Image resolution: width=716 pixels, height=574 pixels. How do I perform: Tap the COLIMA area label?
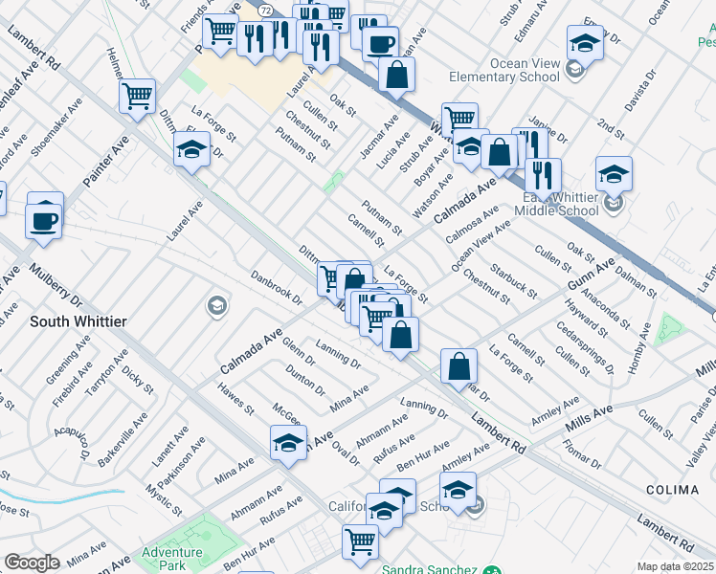coord(672,490)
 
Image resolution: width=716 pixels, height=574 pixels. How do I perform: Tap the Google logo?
coord(32,563)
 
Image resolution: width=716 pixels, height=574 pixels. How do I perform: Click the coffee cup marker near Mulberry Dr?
coord(44,221)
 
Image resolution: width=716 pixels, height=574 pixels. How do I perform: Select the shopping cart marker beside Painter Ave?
coord(137,96)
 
